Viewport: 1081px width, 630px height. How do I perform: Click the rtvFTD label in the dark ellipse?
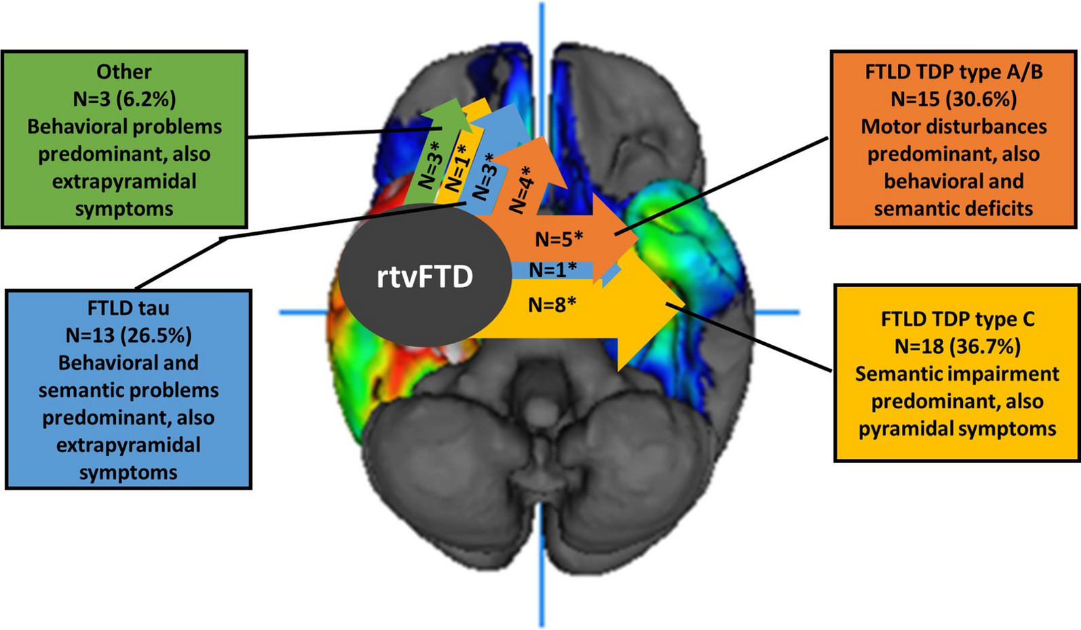(425, 278)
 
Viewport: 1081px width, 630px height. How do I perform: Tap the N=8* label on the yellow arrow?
(552, 304)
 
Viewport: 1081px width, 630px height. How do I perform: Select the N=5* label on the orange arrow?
(558, 239)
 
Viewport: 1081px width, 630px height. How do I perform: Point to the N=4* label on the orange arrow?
(521, 190)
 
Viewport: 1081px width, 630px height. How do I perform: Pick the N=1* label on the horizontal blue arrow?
(552, 270)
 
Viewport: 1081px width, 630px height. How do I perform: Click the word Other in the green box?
(124, 71)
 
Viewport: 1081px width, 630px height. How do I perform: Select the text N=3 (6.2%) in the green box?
(124, 99)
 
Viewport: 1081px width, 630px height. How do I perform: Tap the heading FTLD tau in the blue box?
(128, 308)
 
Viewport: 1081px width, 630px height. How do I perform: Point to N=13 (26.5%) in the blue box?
(128, 335)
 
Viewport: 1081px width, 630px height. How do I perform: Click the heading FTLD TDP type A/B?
(953, 71)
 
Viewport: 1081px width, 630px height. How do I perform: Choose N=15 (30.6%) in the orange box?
(953, 99)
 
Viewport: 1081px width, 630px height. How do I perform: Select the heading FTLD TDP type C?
(957, 319)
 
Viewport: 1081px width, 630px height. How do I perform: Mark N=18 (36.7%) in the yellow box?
(957, 346)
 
